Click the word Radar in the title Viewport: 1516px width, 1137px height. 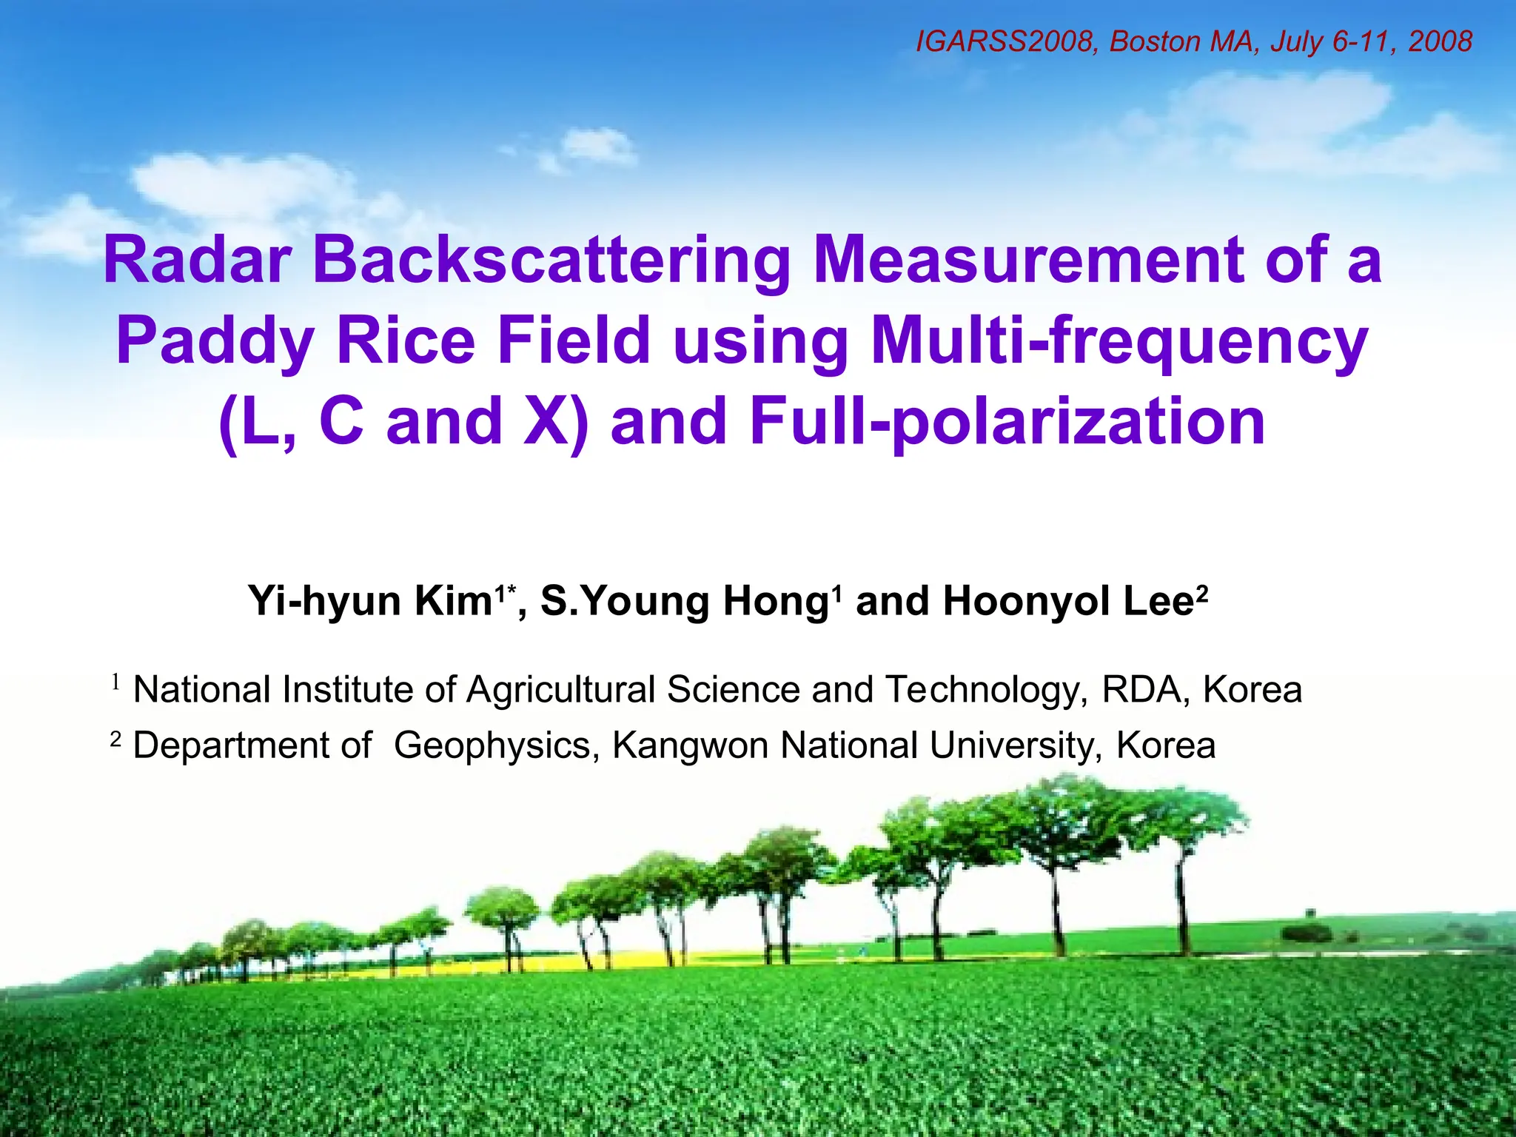(x=197, y=261)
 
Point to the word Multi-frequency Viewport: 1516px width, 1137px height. (x=1119, y=341)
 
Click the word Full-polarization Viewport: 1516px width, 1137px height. (x=1007, y=421)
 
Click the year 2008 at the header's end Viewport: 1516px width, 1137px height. (x=1440, y=41)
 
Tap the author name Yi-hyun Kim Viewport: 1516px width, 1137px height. (x=370, y=600)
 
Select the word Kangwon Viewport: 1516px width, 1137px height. (x=690, y=745)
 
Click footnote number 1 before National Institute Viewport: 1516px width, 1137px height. (x=115, y=682)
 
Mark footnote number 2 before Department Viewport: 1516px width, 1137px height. (x=115, y=738)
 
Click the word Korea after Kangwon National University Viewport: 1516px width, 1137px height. (x=1166, y=745)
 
